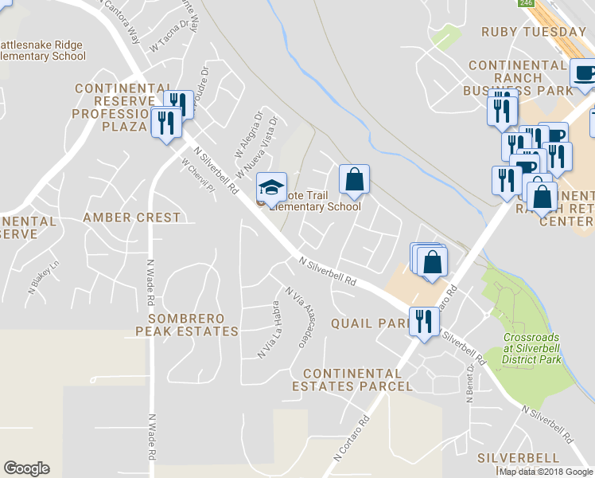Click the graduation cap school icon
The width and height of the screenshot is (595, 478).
coord(271,186)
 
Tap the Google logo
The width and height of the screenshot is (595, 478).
coord(26,468)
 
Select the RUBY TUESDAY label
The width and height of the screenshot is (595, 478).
coord(533,32)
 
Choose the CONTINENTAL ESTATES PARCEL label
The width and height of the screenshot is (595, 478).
coord(357,379)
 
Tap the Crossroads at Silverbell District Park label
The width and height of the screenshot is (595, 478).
coord(532,348)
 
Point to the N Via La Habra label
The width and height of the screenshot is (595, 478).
coord(266,329)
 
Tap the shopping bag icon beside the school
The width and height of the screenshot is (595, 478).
coord(354,179)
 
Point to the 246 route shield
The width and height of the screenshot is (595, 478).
coord(526,3)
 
